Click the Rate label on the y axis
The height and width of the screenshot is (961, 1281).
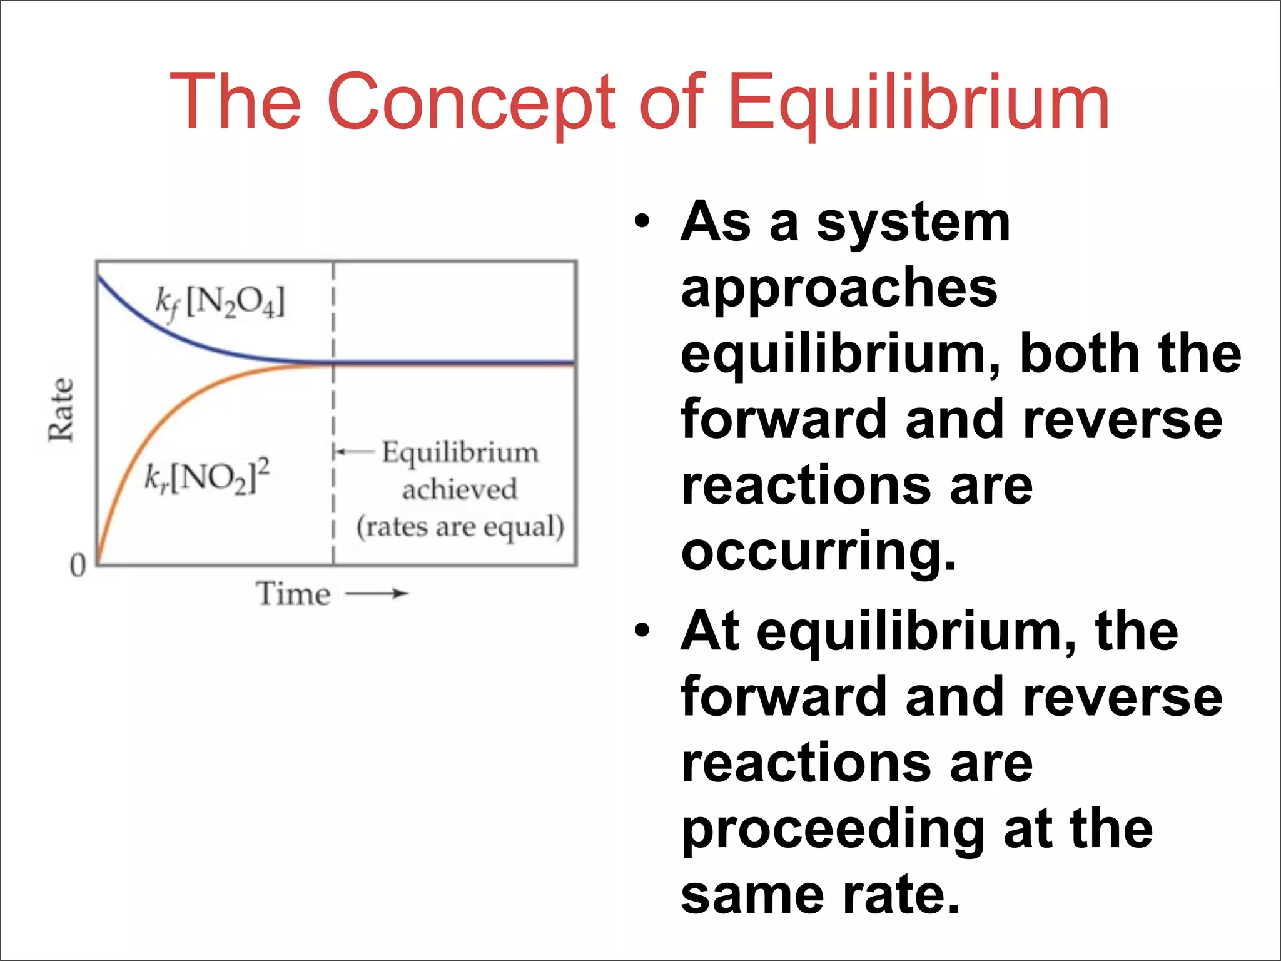tap(61, 410)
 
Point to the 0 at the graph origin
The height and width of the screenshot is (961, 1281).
tap(78, 565)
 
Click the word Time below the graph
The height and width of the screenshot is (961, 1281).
tap(293, 593)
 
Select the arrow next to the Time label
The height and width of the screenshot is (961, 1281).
tap(377, 593)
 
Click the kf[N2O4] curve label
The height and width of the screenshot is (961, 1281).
tap(220, 303)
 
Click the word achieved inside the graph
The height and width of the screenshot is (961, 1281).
tap(460, 489)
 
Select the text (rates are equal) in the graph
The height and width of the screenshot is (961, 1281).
tap(460, 527)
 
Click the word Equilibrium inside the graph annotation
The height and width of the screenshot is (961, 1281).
tap(460, 452)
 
